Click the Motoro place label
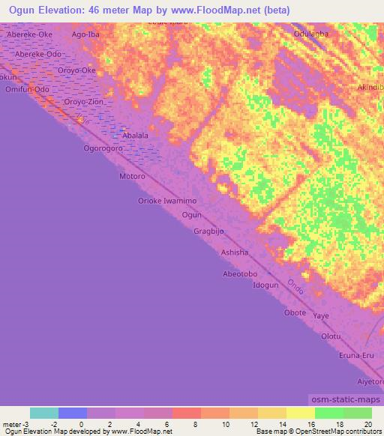(131, 177)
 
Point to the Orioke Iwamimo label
(166, 202)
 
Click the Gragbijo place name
(208, 231)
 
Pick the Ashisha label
(234, 252)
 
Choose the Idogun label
(265, 286)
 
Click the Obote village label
(295, 312)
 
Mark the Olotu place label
(331, 336)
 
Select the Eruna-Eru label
(356, 356)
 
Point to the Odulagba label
(311, 34)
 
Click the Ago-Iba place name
(85, 34)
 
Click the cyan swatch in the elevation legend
(44, 413)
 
